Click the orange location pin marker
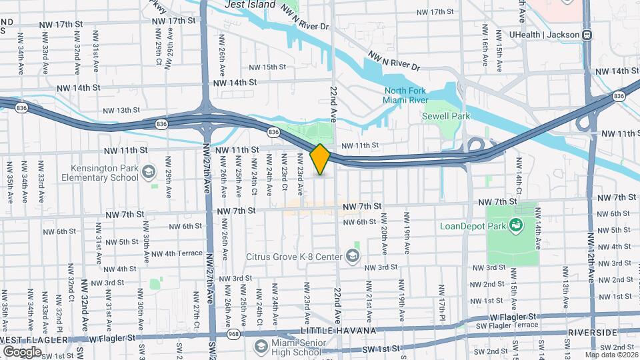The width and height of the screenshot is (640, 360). coord(321,159)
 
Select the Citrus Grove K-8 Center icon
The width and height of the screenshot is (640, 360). coord(351,256)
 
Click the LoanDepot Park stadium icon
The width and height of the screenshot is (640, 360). coord(516,225)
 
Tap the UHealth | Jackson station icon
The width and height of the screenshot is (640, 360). coord(587,35)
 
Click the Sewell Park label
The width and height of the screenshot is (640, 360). coord(446,116)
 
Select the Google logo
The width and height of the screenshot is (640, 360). coord(22,351)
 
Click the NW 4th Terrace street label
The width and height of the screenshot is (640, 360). coord(177,253)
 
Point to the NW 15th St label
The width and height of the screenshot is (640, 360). coord(267,67)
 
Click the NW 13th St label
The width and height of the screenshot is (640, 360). coord(121,110)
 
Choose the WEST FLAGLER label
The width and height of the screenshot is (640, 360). coord(34,340)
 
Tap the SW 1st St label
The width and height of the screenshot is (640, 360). coord(383,349)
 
